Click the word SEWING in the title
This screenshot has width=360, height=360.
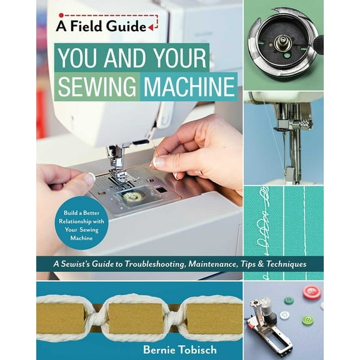pos(97,86)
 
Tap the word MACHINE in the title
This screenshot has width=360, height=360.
pos(188,86)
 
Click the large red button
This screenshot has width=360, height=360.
pos(311,292)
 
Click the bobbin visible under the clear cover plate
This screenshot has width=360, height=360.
pos(132,197)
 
